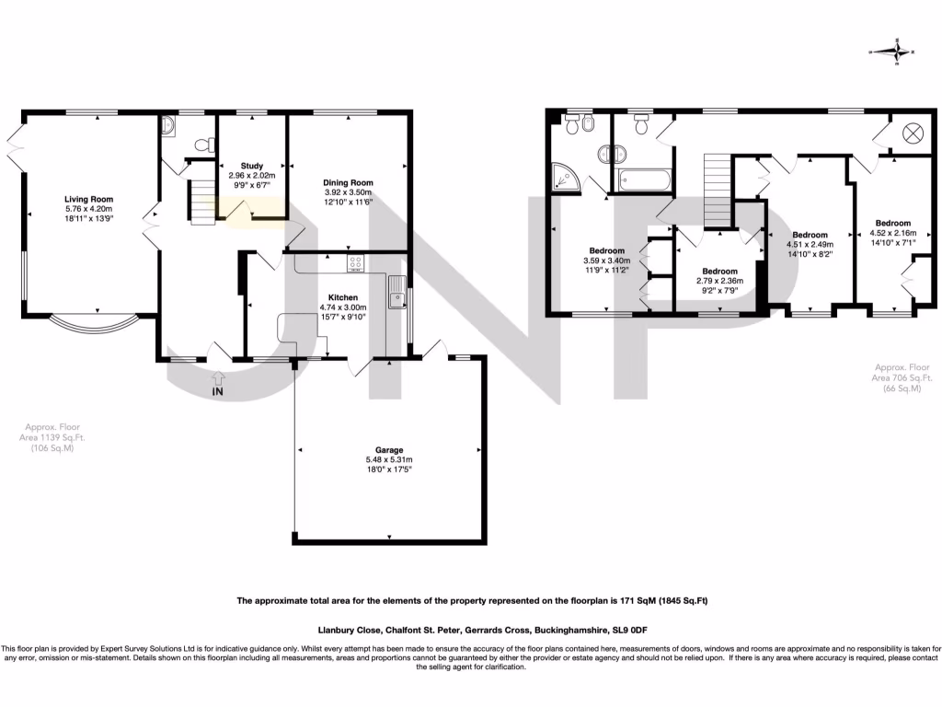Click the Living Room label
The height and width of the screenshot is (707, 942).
pos(88,199)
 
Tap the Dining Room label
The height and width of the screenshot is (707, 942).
pos(347,182)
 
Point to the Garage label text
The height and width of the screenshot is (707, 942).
pos(389,450)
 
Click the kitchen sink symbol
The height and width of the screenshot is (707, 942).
pos(396,296)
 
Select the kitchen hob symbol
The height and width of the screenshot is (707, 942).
pos(355,264)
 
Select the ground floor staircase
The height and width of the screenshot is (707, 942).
pos(201,203)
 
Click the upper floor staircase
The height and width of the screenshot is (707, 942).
pos(717,190)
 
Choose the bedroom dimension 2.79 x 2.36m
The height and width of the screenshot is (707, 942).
pos(717,282)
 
